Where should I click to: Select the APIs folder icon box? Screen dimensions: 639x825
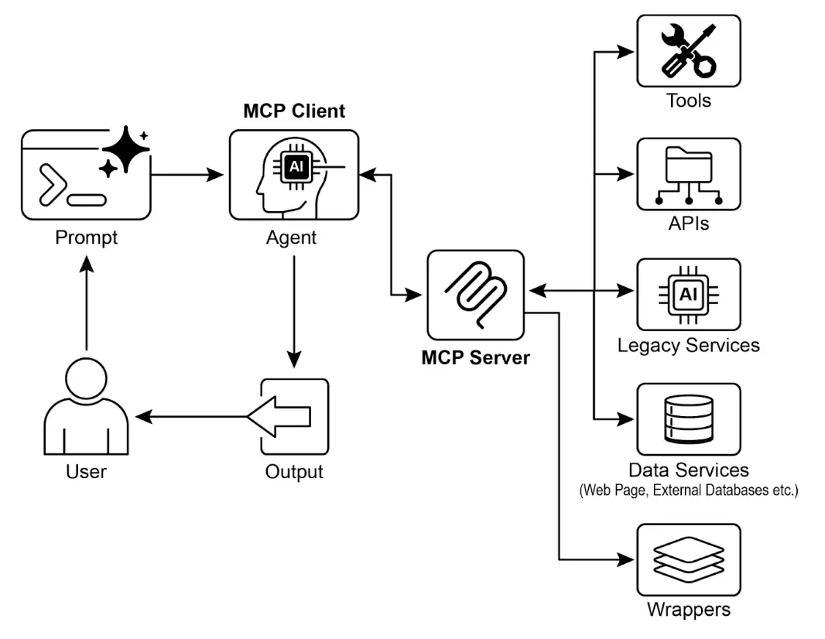688,174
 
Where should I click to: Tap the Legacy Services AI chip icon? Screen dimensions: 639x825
688,294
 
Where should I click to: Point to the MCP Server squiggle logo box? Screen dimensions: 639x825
475,295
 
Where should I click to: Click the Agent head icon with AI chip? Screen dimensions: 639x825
294,175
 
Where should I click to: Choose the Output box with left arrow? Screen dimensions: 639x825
294,417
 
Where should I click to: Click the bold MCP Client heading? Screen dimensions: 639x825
294,111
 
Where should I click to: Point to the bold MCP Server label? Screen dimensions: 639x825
475,358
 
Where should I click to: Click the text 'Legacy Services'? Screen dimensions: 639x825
688,344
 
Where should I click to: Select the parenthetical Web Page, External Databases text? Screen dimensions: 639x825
688,490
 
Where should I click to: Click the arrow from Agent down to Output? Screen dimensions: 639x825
294,309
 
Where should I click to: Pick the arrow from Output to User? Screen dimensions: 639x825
193,417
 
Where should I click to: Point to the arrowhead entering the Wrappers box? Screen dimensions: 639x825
627,559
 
